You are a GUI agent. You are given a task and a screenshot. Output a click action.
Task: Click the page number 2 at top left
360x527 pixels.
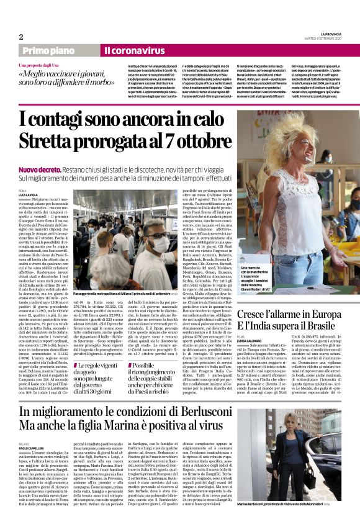[21, 37]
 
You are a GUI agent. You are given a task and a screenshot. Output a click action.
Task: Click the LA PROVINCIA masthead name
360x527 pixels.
[326, 35]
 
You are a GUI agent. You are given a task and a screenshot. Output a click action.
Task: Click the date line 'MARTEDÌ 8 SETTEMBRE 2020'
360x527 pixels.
[326, 39]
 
